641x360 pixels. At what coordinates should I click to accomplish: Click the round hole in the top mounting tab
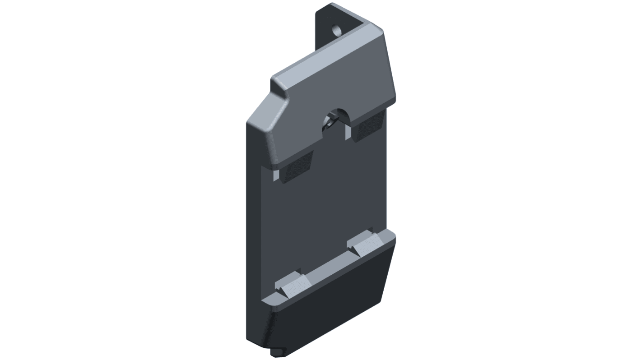pyautogui.click(x=336, y=31)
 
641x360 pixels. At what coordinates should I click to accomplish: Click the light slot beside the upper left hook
pyautogui.click(x=276, y=174)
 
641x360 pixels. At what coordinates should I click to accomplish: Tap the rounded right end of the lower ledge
pyautogui.click(x=392, y=237)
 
